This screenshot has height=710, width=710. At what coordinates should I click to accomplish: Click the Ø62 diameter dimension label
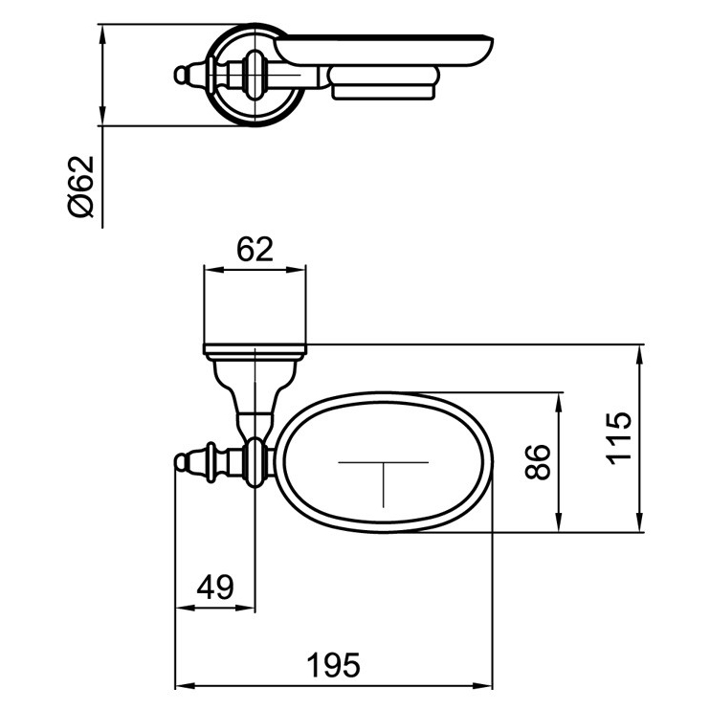(82, 187)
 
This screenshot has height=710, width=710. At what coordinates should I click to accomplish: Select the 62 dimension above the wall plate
(255, 250)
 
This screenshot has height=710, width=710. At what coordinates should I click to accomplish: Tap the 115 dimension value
(619, 437)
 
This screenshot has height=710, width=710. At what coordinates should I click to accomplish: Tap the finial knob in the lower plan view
(181, 464)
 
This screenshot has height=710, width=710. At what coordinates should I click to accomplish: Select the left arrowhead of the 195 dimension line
(180, 686)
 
